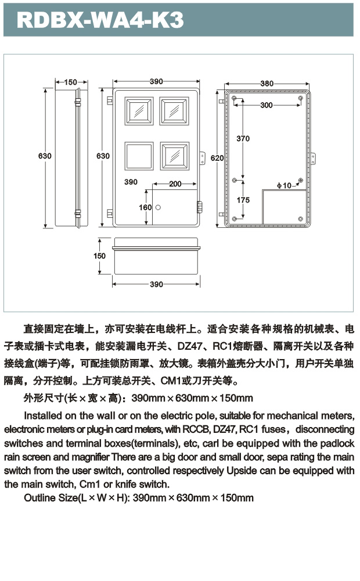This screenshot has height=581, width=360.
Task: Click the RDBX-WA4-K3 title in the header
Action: click(100, 21)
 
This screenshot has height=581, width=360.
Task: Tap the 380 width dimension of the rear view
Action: click(267, 84)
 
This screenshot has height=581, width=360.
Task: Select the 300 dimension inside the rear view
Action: click(267, 105)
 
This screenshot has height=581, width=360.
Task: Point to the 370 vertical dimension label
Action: click(243, 139)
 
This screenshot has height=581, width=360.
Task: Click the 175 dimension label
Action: click(243, 200)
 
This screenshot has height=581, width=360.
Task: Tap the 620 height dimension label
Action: click(217, 158)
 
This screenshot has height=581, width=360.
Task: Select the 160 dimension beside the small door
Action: click(145, 207)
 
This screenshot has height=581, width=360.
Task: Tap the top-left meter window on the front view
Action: click(139, 111)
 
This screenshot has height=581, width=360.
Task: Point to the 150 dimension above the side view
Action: click(71, 82)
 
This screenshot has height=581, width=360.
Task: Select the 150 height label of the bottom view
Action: click(100, 256)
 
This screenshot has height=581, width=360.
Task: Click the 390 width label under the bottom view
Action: click(156, 284)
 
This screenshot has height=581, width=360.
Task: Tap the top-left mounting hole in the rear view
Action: click(234, 99)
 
